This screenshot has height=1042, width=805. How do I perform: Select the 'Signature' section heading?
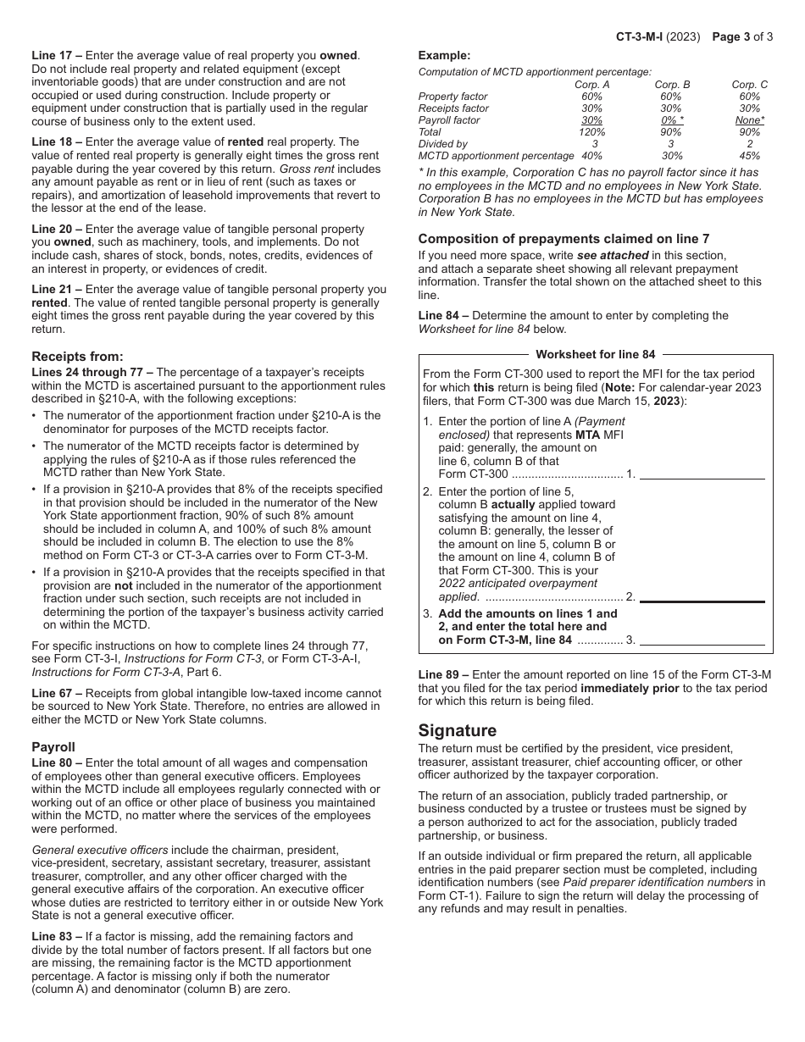(x=458, y=730)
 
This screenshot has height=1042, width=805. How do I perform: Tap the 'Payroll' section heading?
(x=53, y=747)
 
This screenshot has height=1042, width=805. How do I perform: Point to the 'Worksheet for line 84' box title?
(x=595, y=354)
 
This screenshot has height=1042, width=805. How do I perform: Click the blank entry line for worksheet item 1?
(x=702, y=474)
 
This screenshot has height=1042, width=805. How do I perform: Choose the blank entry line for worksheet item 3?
(x=702, y=640)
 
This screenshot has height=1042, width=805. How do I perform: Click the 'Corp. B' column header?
(x=672, y=85)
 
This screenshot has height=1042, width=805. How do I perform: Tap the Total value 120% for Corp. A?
(x=592, y=132)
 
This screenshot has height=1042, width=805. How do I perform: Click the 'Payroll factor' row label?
(x=449, y=120)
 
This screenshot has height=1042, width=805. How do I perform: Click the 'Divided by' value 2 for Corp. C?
(x=749, y=144)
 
